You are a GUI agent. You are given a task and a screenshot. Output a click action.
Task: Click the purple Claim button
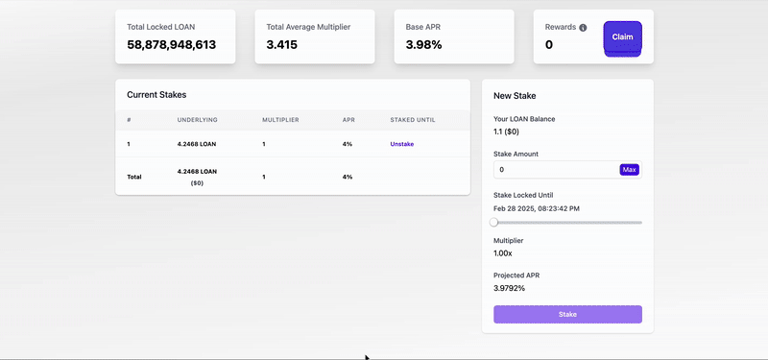(x=622, y=37)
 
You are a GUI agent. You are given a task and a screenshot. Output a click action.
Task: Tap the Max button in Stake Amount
(x=629, y=170)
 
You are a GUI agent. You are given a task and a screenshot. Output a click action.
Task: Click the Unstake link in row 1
(x=401, y=144)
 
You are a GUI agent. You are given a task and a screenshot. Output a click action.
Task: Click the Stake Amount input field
(x=556, y=170)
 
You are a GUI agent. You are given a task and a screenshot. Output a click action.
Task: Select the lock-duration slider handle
(x=494, y=222)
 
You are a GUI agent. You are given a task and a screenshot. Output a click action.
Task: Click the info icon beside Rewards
(x=583, y=28)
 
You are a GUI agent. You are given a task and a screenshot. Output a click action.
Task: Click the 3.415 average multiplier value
(x=282, y=45)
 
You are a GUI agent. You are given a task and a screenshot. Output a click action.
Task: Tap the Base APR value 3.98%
(x=423, y=45)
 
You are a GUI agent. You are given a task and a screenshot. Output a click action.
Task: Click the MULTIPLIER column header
(x=280, y=120)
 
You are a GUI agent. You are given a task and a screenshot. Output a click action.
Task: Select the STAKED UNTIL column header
(x=413, y=120)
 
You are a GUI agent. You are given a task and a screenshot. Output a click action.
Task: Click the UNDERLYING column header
(x=198, y=120)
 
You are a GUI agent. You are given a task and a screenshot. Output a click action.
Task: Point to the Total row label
(x=134, y=177)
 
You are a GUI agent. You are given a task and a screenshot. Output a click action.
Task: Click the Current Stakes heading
(x=156, y=95)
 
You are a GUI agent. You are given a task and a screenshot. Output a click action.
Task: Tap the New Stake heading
(x=515, y=96)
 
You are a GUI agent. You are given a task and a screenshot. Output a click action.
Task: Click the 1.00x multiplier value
(x=503, y=252)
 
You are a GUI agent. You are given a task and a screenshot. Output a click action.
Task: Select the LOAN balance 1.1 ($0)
(x=509, y=132)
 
